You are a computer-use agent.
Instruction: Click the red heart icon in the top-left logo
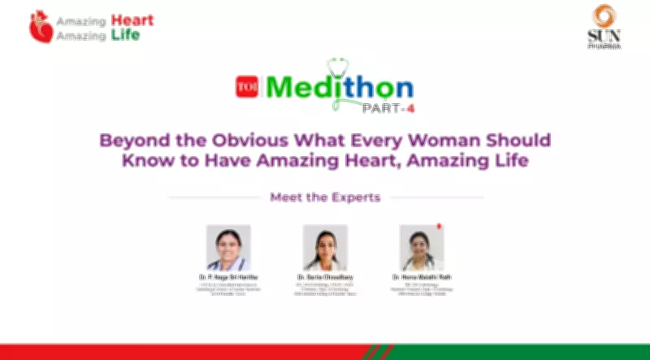41,28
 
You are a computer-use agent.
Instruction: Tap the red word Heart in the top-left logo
132,20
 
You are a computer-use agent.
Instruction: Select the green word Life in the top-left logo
125,35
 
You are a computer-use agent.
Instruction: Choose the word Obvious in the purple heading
245,140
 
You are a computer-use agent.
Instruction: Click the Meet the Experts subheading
325,197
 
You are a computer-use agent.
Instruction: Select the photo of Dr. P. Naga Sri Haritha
228,247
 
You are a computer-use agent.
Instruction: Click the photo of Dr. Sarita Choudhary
325,247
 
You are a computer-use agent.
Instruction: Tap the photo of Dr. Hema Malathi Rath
421,247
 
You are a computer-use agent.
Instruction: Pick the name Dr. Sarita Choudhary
325,277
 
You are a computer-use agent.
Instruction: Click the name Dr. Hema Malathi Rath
421,277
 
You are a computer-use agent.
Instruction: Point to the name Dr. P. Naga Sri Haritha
228,277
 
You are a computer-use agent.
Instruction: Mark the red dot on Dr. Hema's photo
439,227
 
